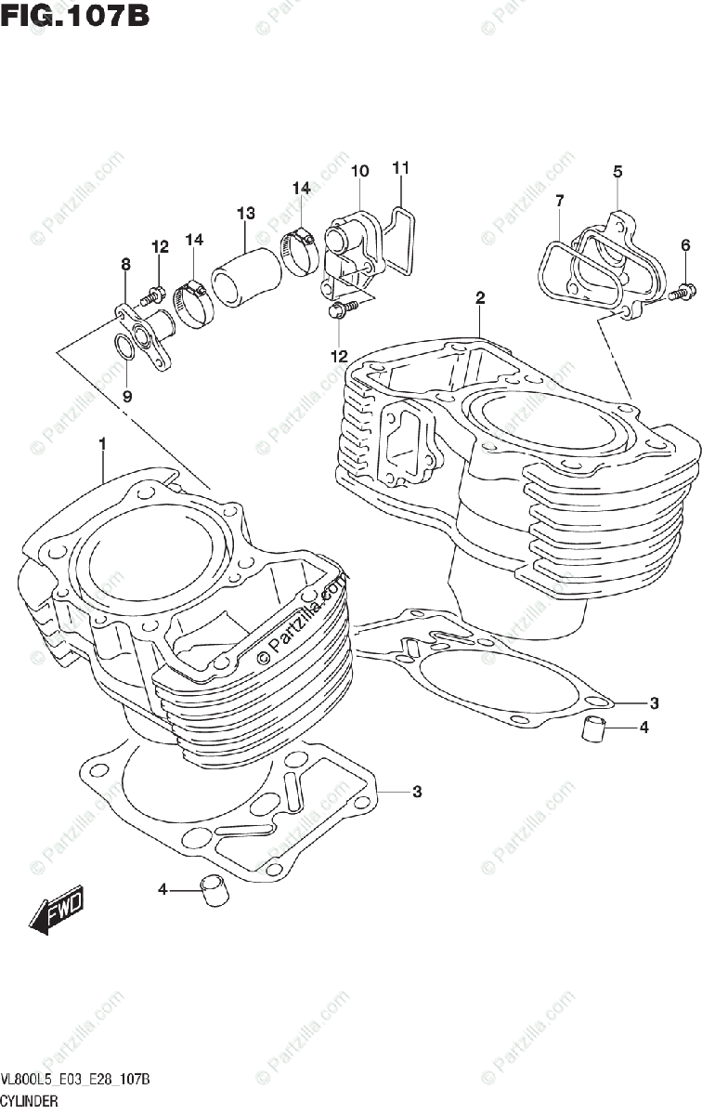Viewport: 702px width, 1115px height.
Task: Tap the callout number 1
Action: pos(102,444)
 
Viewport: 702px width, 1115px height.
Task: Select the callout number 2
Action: pos(480,298)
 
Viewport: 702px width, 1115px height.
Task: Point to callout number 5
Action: pos(617,171)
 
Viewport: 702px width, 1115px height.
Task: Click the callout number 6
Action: pos(685,245)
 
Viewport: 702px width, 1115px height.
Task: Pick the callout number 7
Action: pos(560,201)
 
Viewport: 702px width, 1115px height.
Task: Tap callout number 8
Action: pos(125,265)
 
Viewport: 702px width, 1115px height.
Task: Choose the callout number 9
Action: pos(127,395)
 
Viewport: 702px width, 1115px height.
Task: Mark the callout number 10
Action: pos(359,171)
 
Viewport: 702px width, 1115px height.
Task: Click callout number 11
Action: pos(400,168)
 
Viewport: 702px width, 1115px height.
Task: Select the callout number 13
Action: pos(245,214)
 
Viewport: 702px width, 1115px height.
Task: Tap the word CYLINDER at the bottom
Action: pos(31,1101)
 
